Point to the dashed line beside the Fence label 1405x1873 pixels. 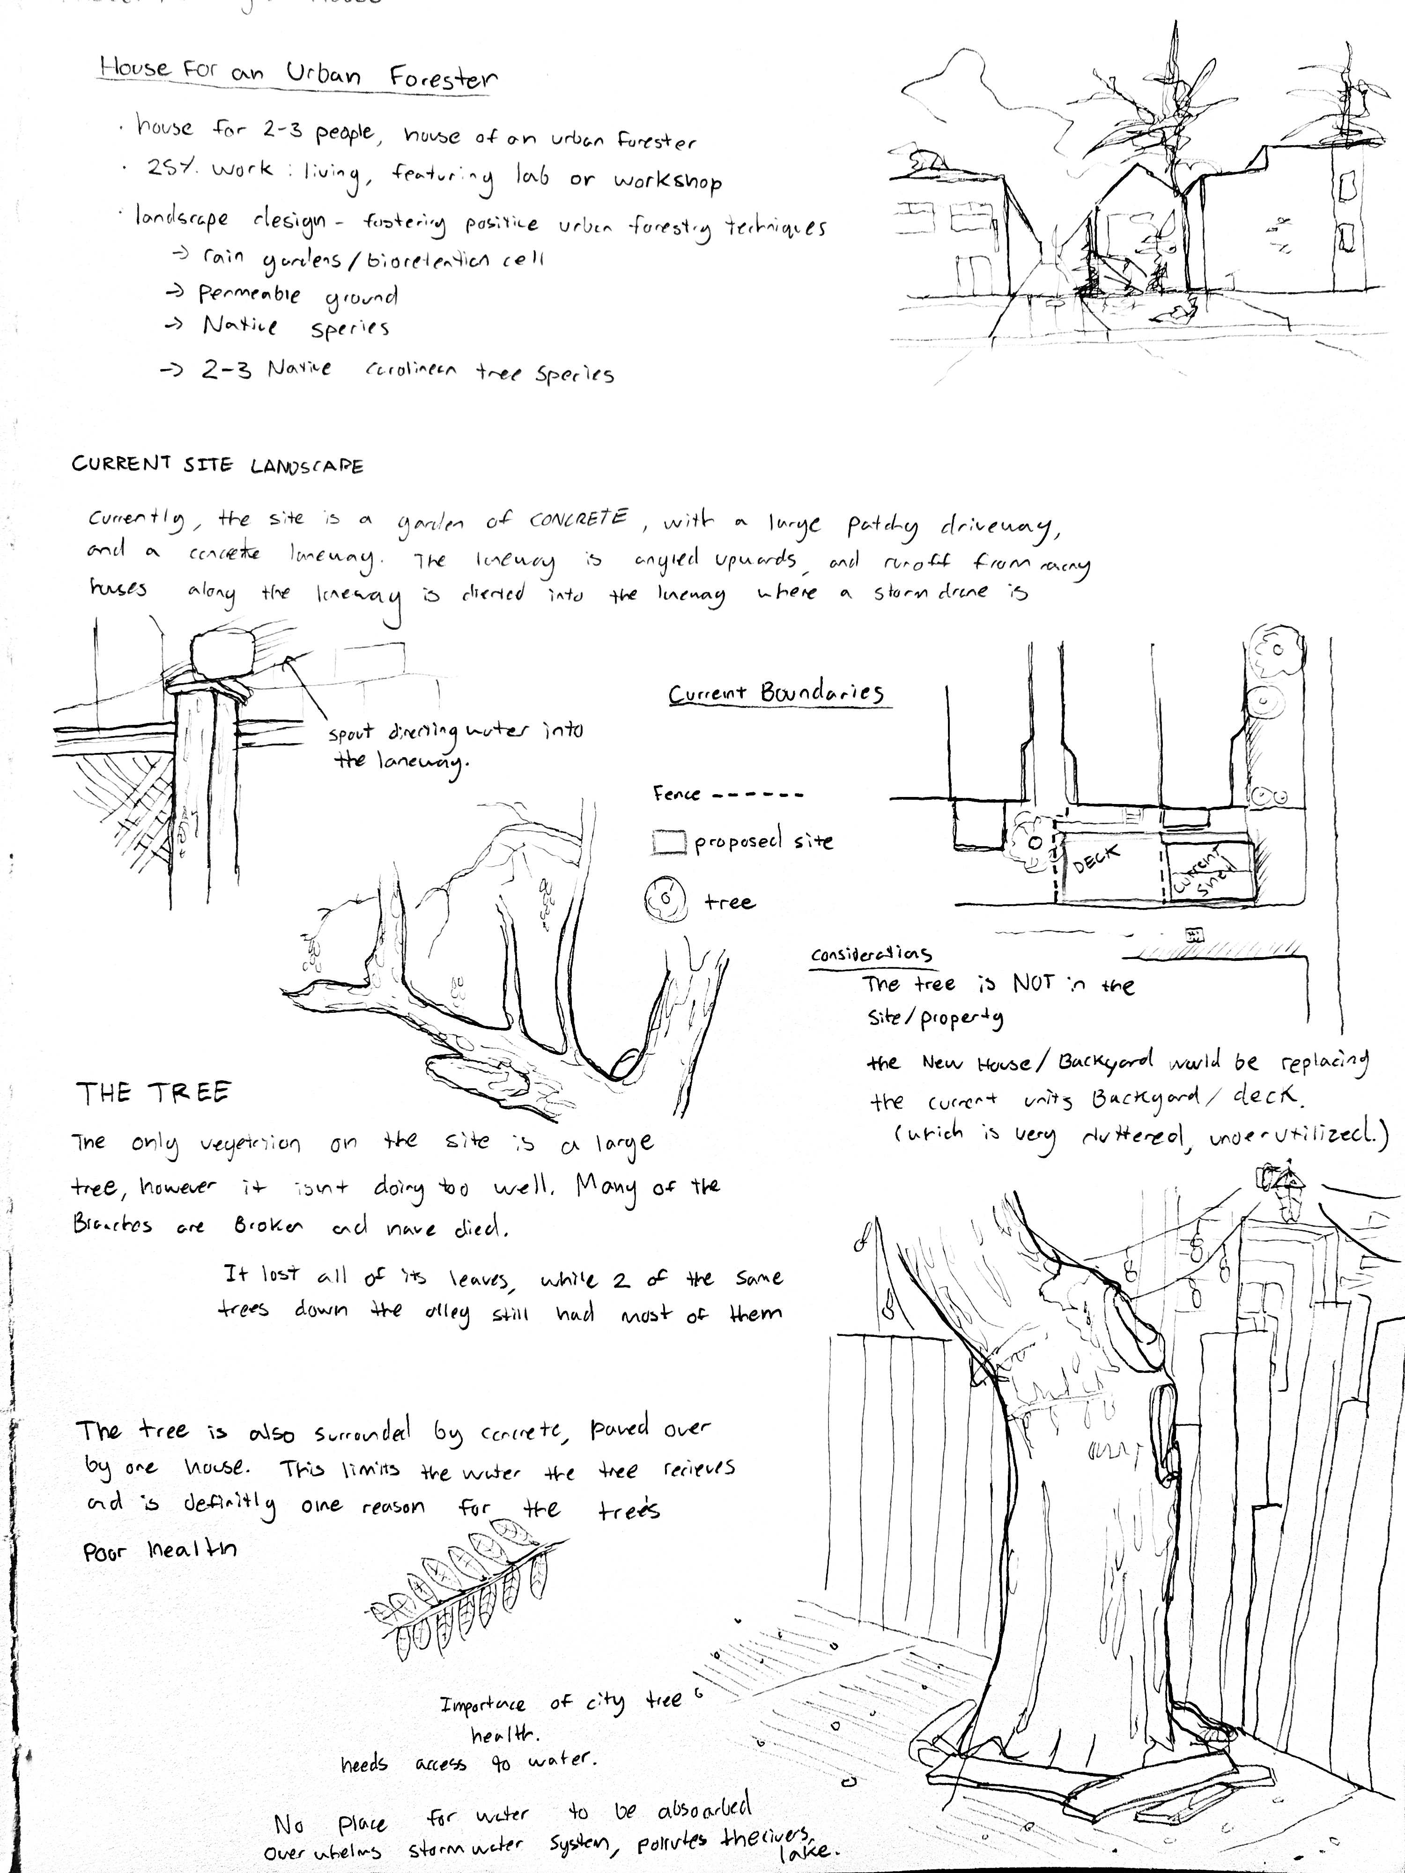(x=757, y=795)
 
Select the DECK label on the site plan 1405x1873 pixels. (x=1096, y=859)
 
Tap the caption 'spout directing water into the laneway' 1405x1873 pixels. (x=456, y=745)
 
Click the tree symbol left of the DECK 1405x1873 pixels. (x=1032, y=844)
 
